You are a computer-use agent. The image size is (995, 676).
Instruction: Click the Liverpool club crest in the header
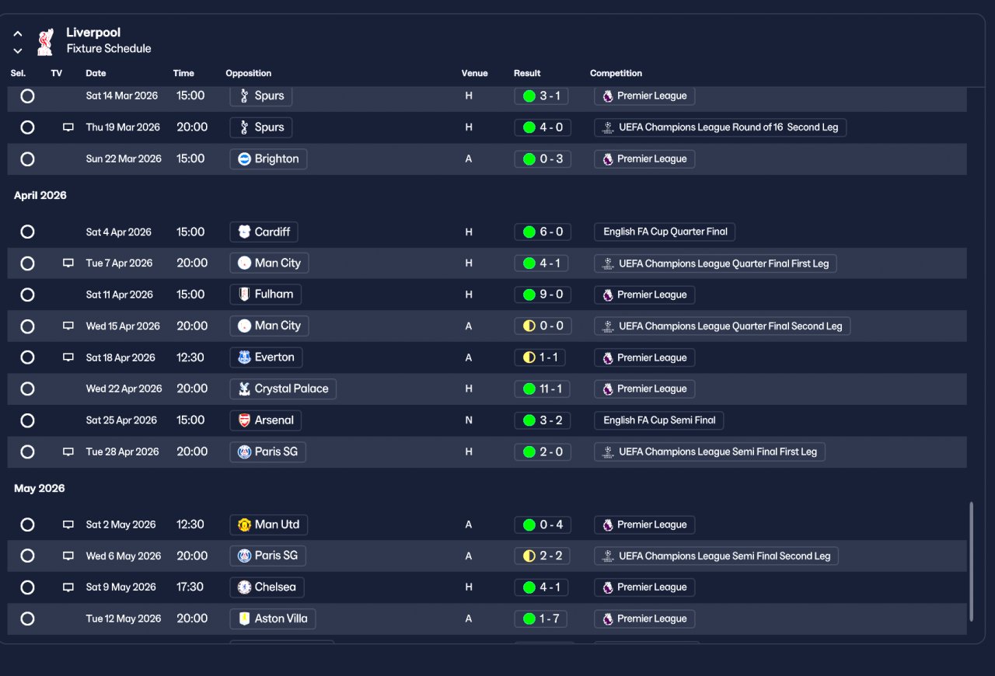pyautogui.click(x=45, y=40)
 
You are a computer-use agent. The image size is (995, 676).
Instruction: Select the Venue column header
pyautogui.click(x=474, y=73)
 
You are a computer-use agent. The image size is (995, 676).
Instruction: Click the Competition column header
pyautogui.click(x=616, y=73)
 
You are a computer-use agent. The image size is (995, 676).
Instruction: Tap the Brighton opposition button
pyautogui.click(x=268, y=159)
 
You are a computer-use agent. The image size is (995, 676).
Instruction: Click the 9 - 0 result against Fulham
pyautogui.click(x=543, y=294)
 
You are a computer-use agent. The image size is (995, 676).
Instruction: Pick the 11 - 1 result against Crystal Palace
pyautogui.click(x=543, y=389)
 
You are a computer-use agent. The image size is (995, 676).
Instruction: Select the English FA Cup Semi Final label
pyautogui.click(x=658, y=420)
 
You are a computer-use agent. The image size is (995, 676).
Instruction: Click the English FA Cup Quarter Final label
pyautogui.click(x=665, y=232)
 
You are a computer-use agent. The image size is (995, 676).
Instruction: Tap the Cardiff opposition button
pyautogui.click(x=264, y=232)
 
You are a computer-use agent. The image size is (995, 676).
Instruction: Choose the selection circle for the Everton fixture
pyautogui.click(x=27, y=357)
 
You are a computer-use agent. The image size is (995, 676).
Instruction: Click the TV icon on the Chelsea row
pyautogui.click(x=68, y=587)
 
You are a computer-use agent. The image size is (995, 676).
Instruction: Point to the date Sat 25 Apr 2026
pyautogui.click(x=121, y=420)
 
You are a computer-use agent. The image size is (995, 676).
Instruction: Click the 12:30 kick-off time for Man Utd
pyautogui.click(x=190, y=524)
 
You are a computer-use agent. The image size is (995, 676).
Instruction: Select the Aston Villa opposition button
pyautogui.click(x=272, y=619)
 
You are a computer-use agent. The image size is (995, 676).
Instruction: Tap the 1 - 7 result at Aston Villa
pyautogui.click(x=543, y=619)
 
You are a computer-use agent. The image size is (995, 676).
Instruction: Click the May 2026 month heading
pyautogui.click(x=40, y=488)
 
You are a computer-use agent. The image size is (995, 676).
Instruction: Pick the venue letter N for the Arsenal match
pyautogui.click(x=469, y=420)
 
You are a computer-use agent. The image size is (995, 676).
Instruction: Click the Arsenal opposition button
pyautogui.click(x=265, y=420)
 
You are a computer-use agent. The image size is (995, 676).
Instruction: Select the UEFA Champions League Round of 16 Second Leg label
pyautogui.click(x=720, y=127)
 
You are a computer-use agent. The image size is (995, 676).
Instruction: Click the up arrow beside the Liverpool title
pyautogui.click(x=18, y=34)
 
